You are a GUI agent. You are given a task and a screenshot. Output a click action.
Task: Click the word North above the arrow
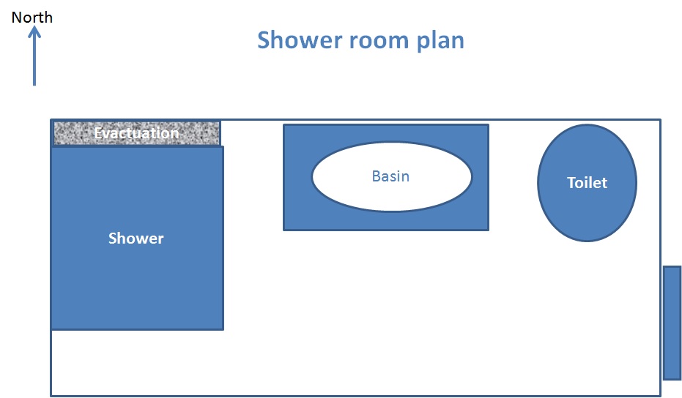tap(31, 18)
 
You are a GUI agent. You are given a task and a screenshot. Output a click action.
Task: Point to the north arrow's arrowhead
tap(34, 32)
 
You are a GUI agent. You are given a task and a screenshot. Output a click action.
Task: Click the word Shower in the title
tap(300, 40)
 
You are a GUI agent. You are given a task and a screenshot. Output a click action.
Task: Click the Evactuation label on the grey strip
tap(136, 133)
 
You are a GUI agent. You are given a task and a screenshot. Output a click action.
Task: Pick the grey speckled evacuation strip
tap(136, 133)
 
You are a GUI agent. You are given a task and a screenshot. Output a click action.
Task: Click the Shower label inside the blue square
tap(136, 238)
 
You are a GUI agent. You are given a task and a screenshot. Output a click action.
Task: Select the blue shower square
tap(138, 238)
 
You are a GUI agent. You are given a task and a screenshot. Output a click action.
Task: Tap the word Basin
tap(390, 176)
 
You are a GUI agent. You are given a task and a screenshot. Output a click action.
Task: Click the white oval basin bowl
tap(392, 177)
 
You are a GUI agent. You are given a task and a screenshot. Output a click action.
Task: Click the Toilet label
tap(588, 182)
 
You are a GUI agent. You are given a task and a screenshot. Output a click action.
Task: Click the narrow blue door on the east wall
tap(672, 323)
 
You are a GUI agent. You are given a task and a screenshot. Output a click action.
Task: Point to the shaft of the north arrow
tap(34, 59)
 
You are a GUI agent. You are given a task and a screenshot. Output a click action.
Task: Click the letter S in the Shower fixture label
tap(113, 238)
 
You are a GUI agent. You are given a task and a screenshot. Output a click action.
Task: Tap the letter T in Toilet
tap(571, 182)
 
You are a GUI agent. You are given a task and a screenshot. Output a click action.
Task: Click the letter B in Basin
tap(376, 176)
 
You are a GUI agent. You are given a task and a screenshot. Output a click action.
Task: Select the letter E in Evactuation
tap(98, 133)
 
